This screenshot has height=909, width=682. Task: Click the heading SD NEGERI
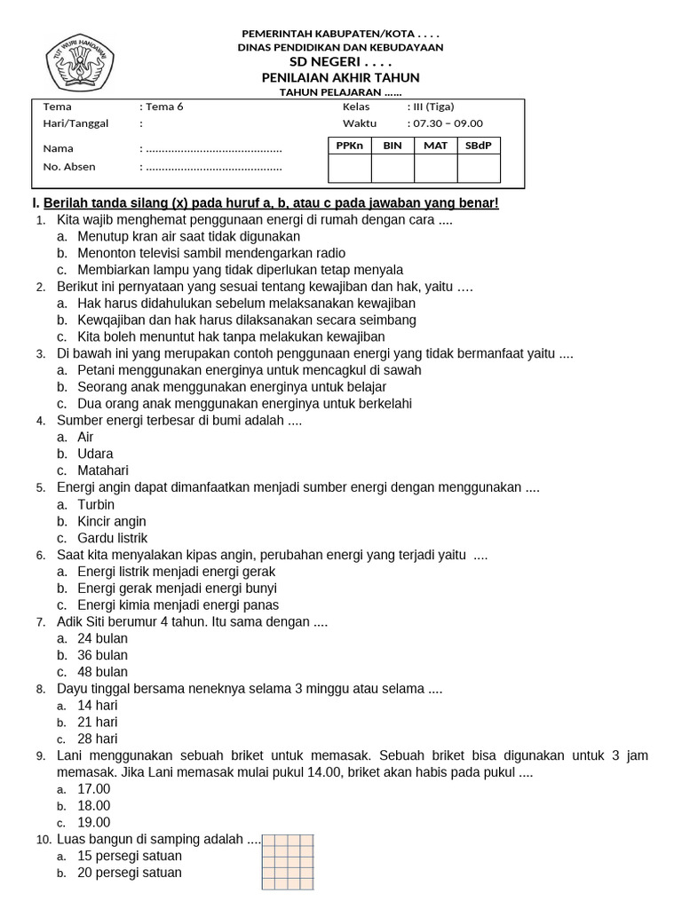pos(342,62)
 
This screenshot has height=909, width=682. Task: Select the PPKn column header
pos(350,146)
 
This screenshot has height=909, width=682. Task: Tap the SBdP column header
pos(479,146)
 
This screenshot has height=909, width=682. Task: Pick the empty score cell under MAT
pos(435,168)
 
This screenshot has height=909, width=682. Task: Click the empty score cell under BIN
pos(393,168)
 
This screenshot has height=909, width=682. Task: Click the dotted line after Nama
pos(213,149)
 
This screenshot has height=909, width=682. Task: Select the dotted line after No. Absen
pos(213,167)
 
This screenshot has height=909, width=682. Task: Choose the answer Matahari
pos(103,470)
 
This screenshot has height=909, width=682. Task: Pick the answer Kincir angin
pos(112,521)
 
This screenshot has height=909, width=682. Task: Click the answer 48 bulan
pos(103,672)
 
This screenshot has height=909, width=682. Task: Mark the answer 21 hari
pos(98,722)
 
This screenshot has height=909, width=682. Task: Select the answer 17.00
pos(94,788)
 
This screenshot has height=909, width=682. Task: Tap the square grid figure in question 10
pos(288,861)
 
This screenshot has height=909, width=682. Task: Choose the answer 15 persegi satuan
pos(130,856)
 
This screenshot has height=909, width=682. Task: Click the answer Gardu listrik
pos(113,538)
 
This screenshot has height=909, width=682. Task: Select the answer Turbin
pos(97,504)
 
